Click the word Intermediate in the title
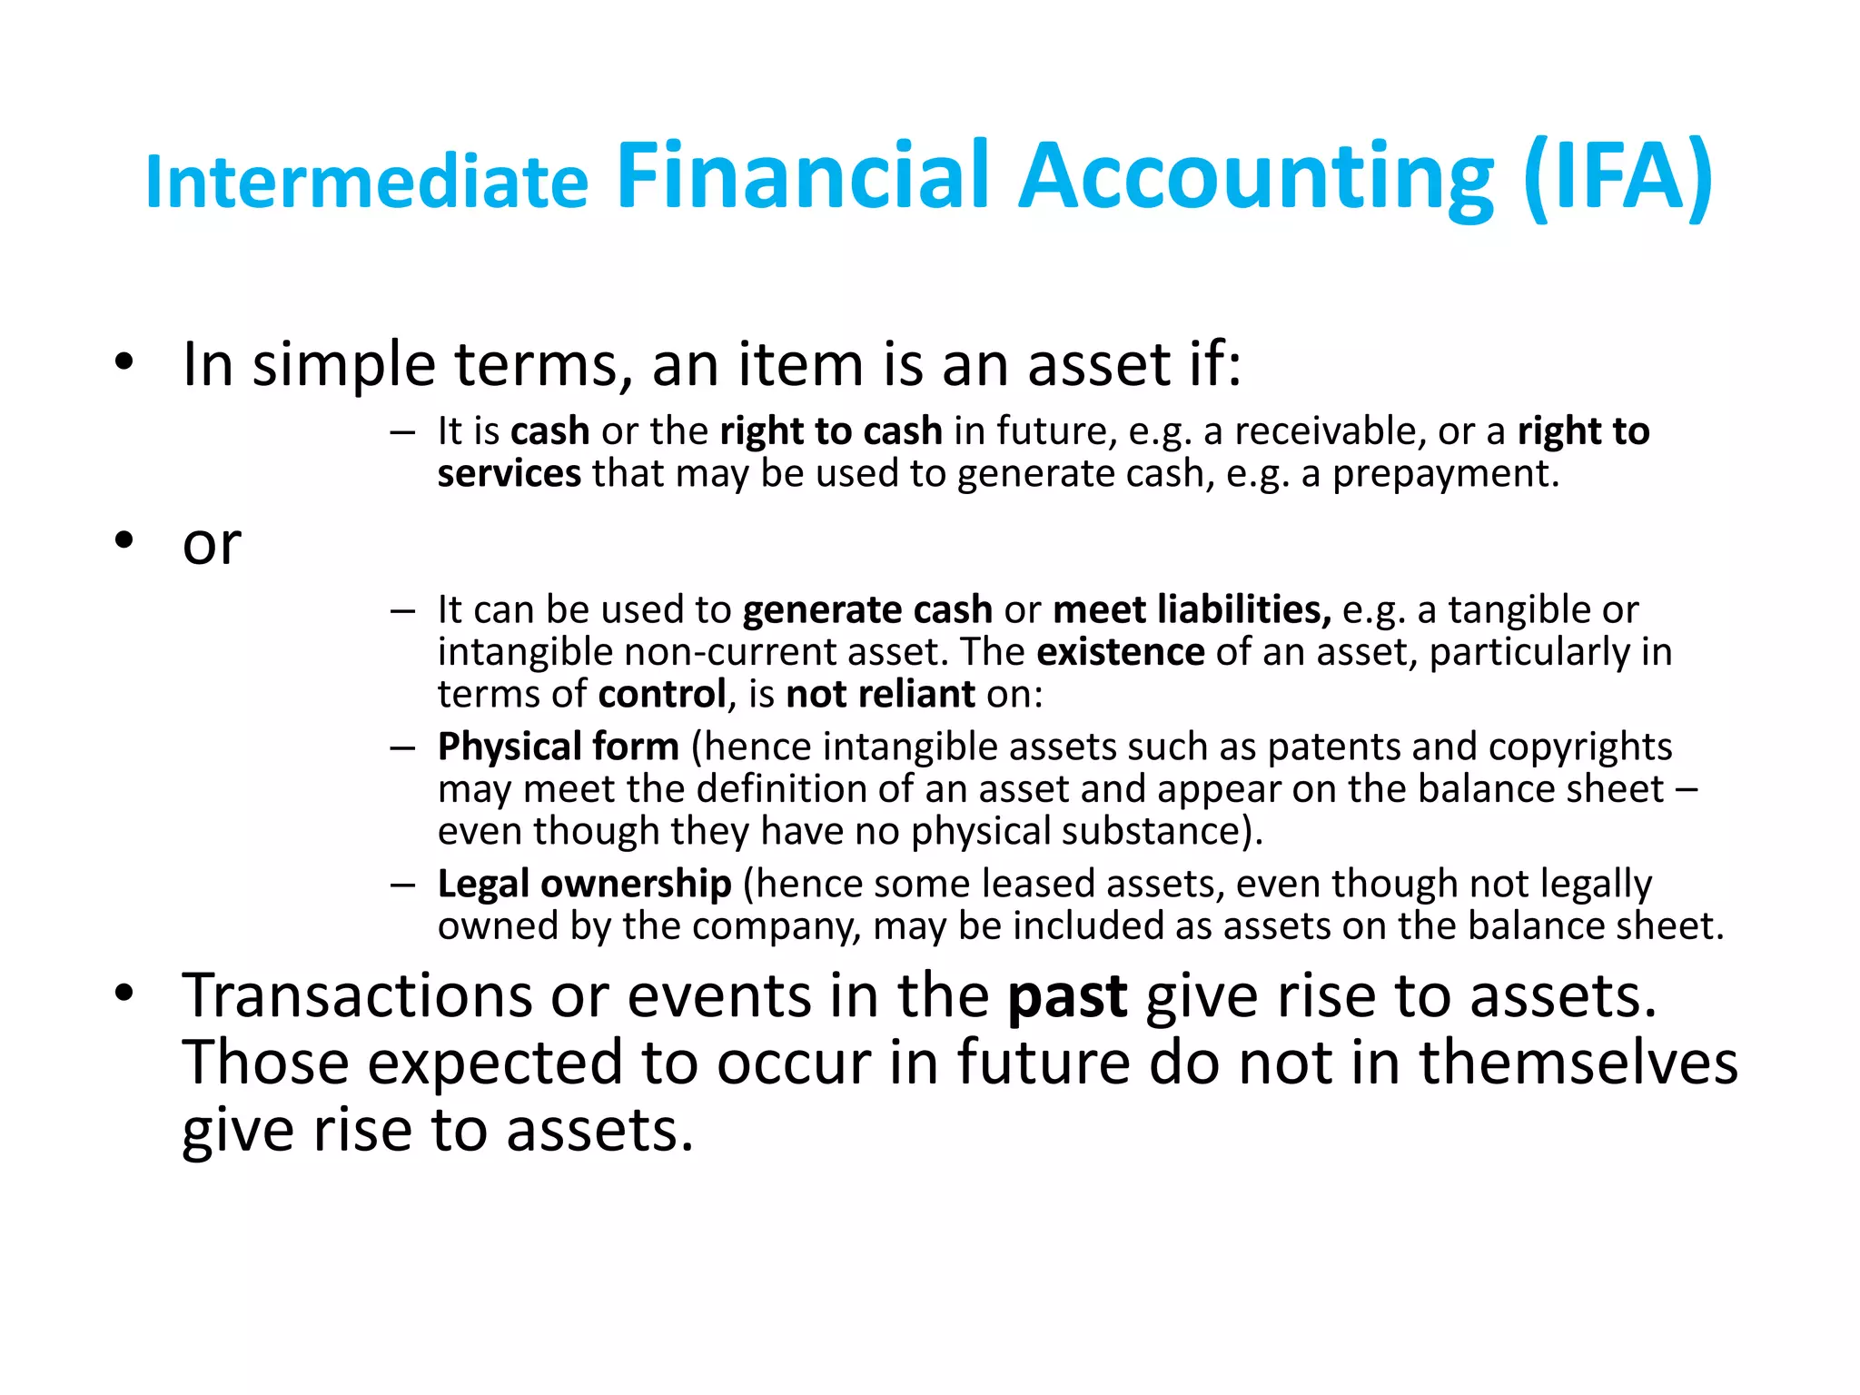point(367,182)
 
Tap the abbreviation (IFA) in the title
point(1618,177)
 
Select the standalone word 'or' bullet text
point(212,544)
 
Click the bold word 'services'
point(510,473)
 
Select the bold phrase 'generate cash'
point(867,609)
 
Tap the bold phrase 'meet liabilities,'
point(1192,609)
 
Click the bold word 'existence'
point(1121,652)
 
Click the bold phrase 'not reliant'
point(880,695)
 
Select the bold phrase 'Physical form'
point(559,747)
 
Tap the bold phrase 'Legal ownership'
point(585,884)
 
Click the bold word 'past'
point(1068,997)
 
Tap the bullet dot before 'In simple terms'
point(124,362)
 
